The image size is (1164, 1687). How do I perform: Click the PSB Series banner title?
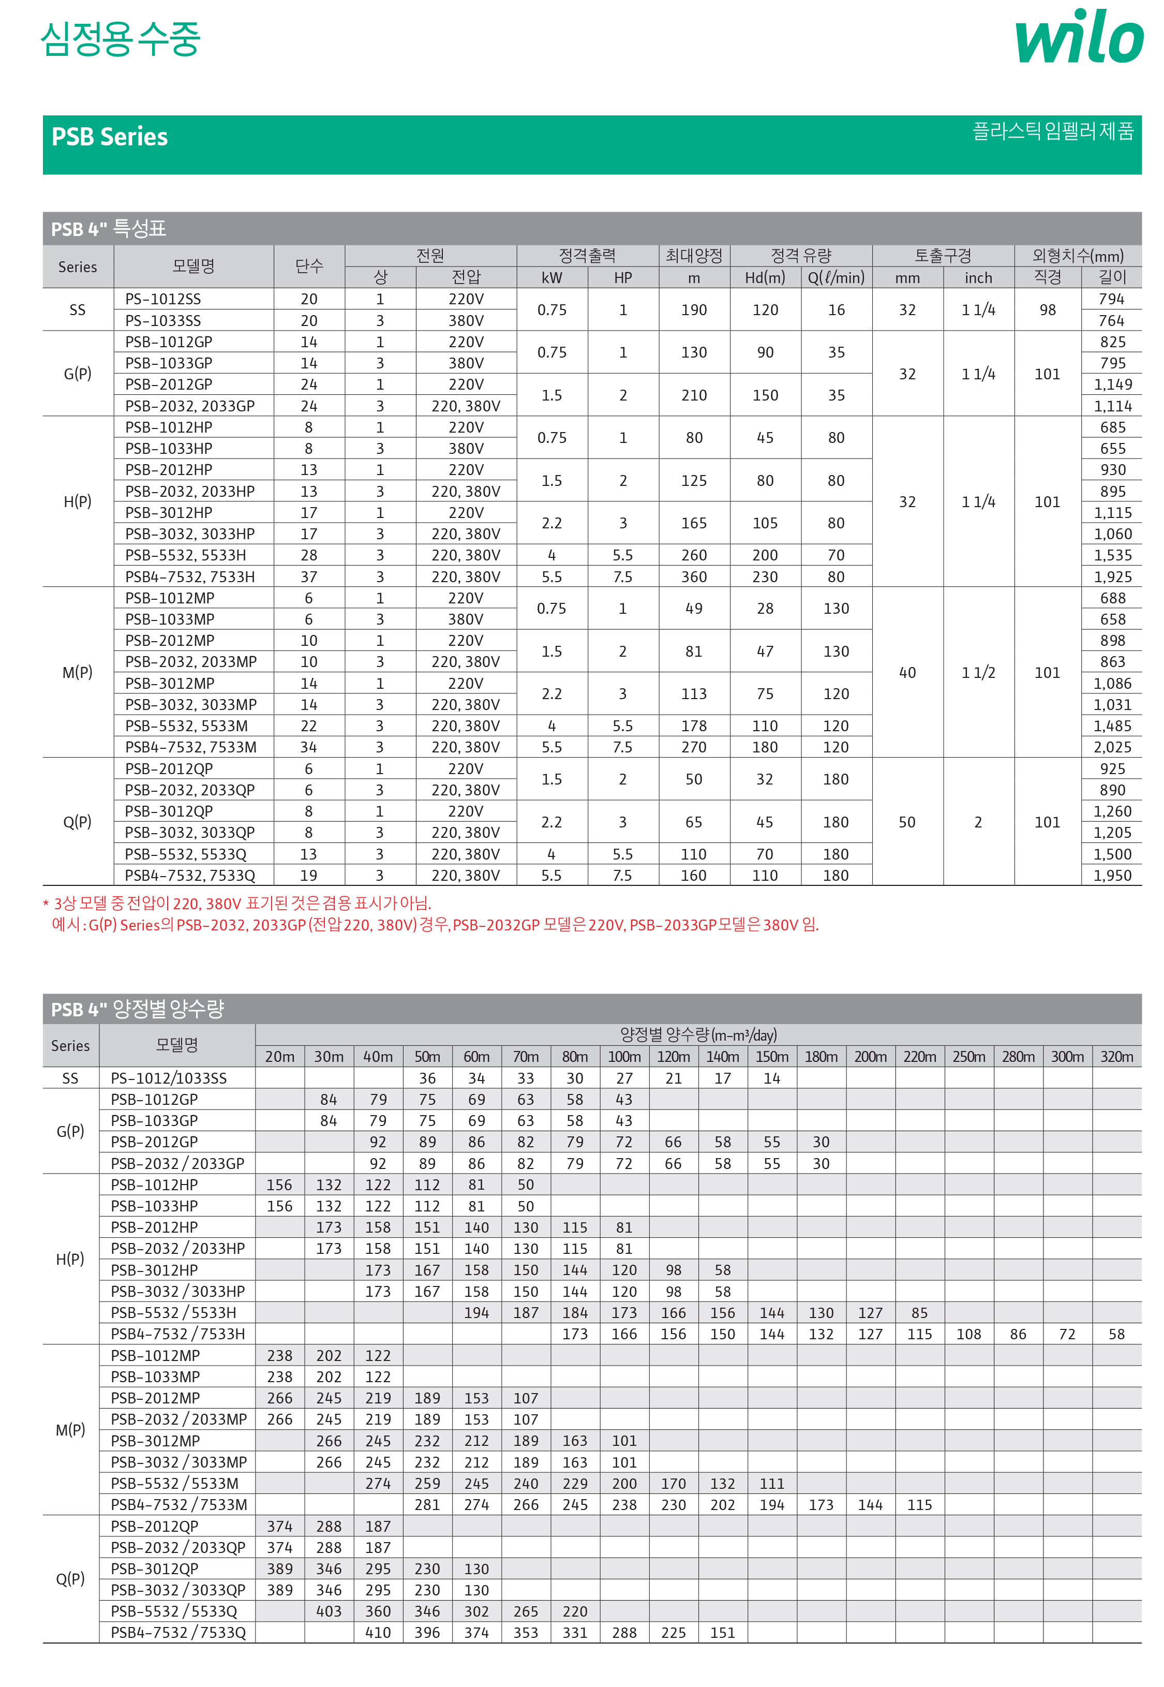109,137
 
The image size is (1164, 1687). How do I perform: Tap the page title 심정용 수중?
121,39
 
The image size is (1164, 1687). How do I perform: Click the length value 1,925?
1112,577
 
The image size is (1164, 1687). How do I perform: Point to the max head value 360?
694,577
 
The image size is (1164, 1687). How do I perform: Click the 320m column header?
1116,1056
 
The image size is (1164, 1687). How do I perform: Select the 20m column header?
279,1056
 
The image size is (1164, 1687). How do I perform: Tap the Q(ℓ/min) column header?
836,278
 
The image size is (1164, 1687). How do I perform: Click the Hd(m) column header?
765,278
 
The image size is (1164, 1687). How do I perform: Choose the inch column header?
978,278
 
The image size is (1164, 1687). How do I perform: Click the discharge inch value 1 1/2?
978,672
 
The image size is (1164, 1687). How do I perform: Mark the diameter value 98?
1047,310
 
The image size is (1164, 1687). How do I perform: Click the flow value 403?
329,1611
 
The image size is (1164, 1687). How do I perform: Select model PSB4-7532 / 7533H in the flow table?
178,1334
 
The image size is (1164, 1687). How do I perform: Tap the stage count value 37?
309,577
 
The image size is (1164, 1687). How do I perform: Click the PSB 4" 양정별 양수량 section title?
137,1010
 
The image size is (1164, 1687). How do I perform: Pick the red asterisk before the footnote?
47,905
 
